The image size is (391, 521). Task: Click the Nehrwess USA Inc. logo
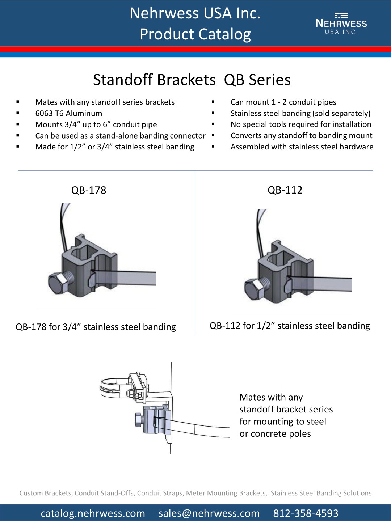pyautogui.click(x=341, y=24)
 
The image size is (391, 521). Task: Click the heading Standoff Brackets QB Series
pyautogui.click(x=192, y=80)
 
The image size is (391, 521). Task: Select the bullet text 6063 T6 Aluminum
pyautogui.click(x=69, y=113)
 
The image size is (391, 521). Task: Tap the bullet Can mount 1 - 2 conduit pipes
pyautogui.click(x=283, y=102)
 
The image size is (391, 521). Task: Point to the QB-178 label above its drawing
pyautogui.click(x=89, y=190)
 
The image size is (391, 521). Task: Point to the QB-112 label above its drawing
pyautogui.click(x=285, y=190)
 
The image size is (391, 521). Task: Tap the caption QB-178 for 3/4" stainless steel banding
pyautogui.click(x=96, y=327)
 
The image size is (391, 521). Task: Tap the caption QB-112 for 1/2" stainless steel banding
pyautogui.click(x=290, y=326)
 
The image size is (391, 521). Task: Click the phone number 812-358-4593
pyautogui.click(x=306, y=513)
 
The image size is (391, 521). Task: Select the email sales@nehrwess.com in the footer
pyautogui.click(x=209, y=513)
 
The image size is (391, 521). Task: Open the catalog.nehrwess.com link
pyautogui.click(x=93, y=513)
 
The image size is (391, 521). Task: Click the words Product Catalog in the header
pyautogui.click(x=195, y=34)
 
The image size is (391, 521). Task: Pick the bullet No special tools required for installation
pyautogui.click(x=301, y=124)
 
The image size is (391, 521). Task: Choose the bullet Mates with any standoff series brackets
pyautogui.click(x=105, y=102)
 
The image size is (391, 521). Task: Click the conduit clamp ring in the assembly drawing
pyautogui.click(x=112, y=386)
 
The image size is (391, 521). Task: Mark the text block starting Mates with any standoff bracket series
pyautogui.click(x=286, y=415)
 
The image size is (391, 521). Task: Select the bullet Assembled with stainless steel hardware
pyautogui.click(x=302, y=147)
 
